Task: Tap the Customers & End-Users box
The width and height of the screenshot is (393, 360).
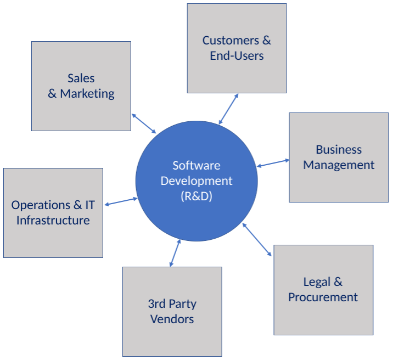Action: [x=237, y=74]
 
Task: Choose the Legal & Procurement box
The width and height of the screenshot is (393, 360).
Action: [x=323, y=316]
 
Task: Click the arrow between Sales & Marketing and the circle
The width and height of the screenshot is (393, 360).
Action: [x=144, y=123]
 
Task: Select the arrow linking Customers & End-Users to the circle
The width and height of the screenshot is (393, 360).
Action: [x=228, y=109]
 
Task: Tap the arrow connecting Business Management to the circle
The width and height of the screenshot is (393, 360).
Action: [x=273, y=163]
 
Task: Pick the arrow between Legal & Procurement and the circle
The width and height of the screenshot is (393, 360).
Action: [x=257, y=239]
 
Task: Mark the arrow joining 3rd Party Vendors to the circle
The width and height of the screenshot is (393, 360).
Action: [x=175, y=253]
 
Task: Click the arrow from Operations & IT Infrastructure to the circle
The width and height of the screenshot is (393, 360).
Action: [x=121, y=202]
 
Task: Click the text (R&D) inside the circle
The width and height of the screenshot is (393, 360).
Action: [x=196, y=196]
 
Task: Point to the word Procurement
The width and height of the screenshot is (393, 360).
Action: [x=323, y=297]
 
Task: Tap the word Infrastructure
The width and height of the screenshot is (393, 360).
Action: [x=53, y=221]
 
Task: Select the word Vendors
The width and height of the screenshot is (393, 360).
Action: [x=172, y=319]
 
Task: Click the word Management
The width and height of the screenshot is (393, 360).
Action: [x=339, y=165]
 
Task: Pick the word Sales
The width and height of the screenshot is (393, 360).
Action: [x=81, y=78]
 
